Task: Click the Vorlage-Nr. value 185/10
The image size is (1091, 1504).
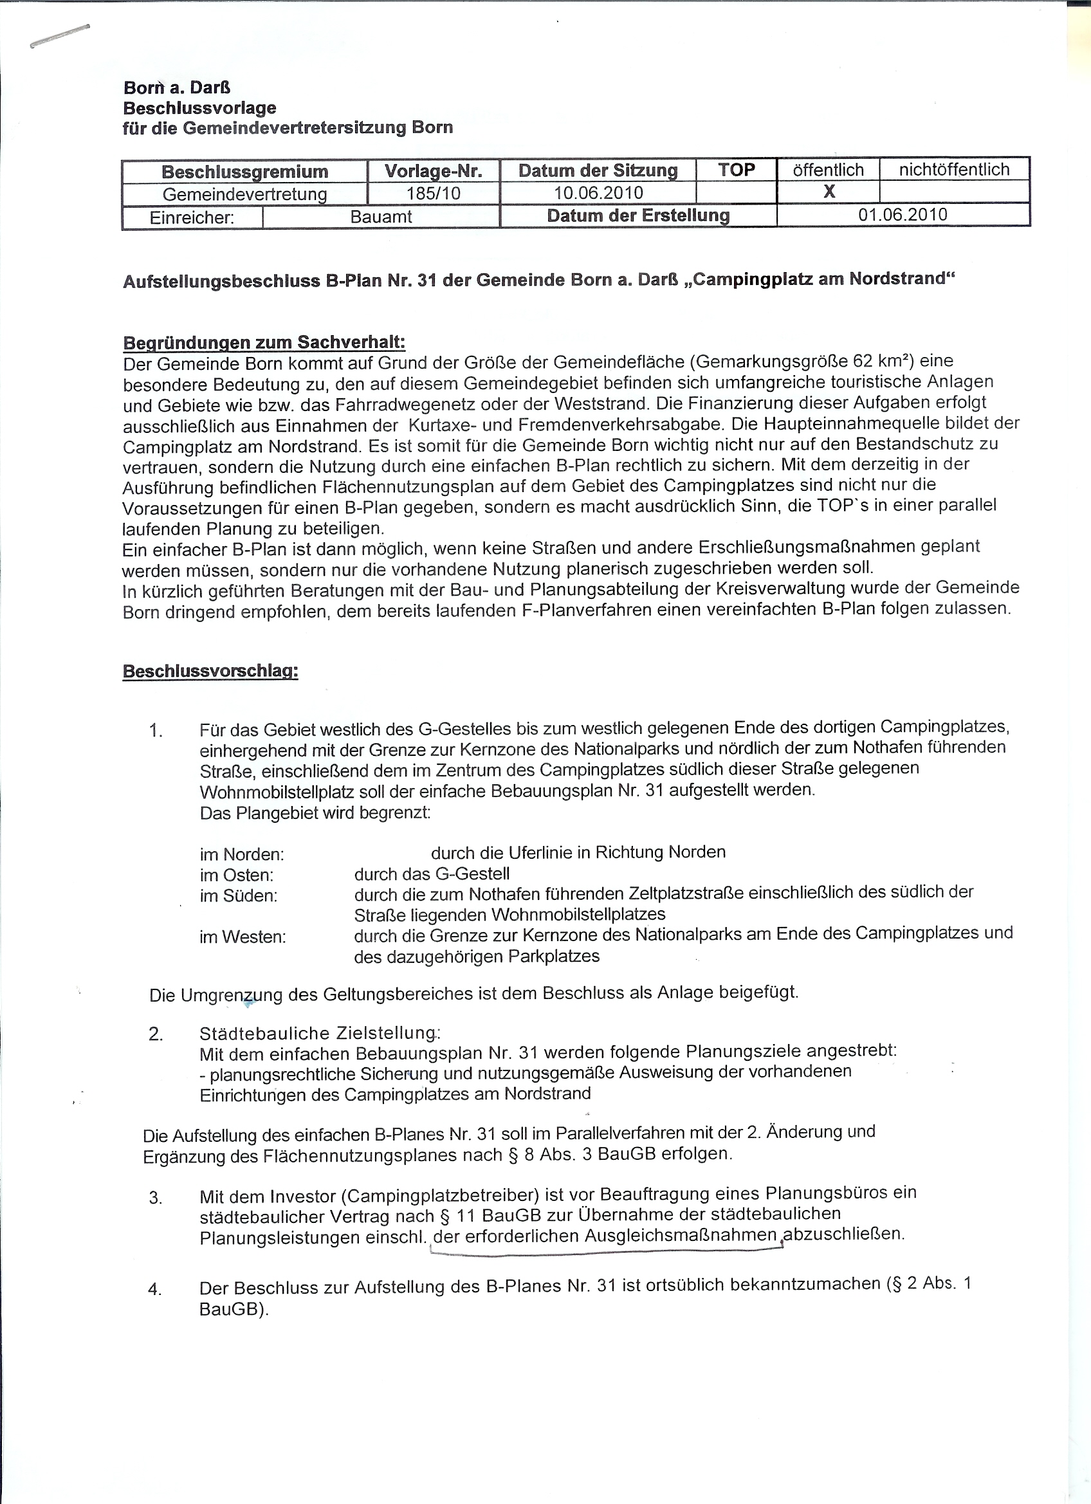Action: pos(433,194)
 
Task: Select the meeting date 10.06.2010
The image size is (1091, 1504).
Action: pos(598,193)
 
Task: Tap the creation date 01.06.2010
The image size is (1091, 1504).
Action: pos(903,215)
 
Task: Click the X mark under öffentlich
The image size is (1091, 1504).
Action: pos(829,192)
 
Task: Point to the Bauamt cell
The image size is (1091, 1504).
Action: pos(381,217)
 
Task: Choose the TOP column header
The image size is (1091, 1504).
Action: pos(736,170)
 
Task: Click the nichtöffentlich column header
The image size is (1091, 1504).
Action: pos(954,170)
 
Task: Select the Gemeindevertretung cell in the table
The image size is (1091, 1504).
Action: pos(244,194)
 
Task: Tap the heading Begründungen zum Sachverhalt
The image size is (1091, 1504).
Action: pos(264,343)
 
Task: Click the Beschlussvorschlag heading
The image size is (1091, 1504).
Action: pos(210,671)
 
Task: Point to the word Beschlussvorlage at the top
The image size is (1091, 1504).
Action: pos(199,107)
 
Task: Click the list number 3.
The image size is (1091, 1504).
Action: pos(156,1198)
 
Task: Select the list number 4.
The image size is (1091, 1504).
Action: pos(155,1289)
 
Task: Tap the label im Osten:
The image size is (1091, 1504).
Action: pos(237,876)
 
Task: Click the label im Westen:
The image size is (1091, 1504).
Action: pos(243,937)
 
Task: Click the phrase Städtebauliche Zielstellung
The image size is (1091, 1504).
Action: pos(317,1033)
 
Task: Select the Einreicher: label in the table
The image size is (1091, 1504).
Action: pos(192,218)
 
